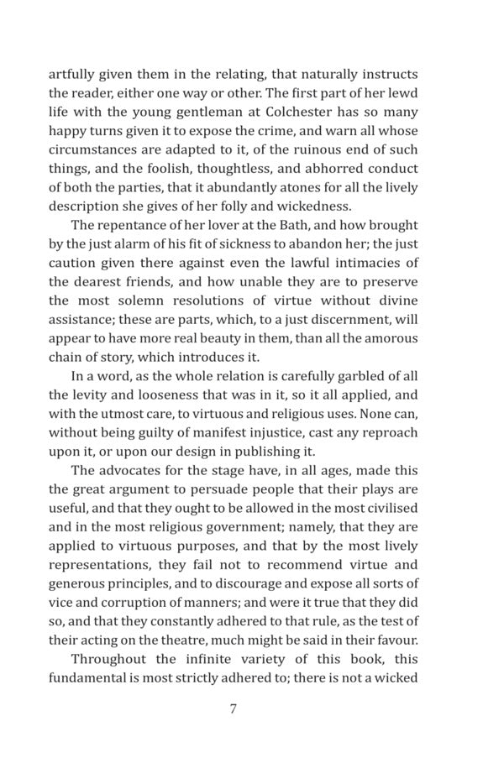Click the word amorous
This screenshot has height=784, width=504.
390,338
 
